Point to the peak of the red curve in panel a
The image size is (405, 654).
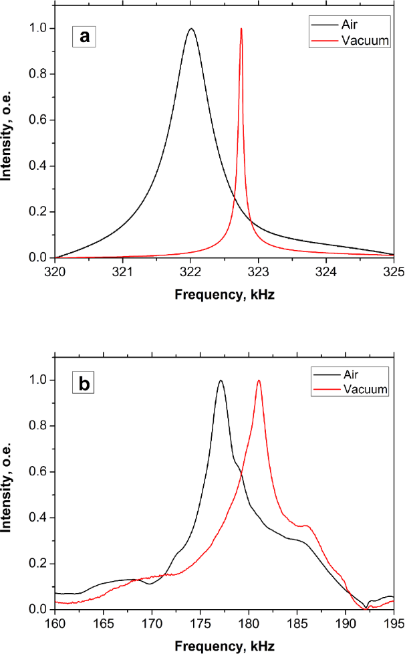(241, 29)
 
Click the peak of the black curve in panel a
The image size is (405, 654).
(191, 29)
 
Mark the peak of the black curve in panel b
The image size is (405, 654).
(221, 380)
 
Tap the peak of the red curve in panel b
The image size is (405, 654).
(259, 380)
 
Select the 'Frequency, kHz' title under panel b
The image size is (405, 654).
(224, 645)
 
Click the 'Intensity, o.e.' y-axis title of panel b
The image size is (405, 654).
(9, 495)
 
